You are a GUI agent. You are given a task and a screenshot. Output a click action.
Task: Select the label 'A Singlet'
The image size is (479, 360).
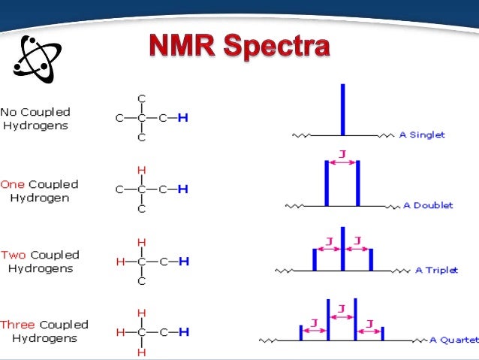pos(422,135)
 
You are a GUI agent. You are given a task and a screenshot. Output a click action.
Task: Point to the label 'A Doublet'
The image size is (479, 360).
pos(428,205)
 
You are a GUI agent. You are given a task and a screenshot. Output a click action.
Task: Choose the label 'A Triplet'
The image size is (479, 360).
pos(436,270)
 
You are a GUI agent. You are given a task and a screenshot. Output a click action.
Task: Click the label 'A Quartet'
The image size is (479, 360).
pos(453,340)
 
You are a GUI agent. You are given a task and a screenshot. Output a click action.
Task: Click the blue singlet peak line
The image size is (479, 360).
pos(342,109)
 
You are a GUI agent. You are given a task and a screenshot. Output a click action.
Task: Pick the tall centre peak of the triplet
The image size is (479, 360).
pos(342,248)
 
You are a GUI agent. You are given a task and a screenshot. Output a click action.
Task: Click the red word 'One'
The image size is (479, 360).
pos(13,184)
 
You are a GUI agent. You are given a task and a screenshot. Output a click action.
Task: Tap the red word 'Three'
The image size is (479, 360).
pos(18,325)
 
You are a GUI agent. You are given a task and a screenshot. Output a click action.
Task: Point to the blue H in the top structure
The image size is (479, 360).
pos(182,118)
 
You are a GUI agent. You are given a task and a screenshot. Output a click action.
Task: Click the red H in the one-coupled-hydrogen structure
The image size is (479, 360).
pos(141,170)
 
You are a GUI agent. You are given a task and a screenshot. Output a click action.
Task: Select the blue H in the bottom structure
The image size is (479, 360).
pos(182,331)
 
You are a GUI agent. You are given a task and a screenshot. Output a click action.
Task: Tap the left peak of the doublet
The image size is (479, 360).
pos(327,184)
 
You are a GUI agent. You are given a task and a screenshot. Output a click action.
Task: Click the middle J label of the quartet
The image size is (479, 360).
pos(342,309)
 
